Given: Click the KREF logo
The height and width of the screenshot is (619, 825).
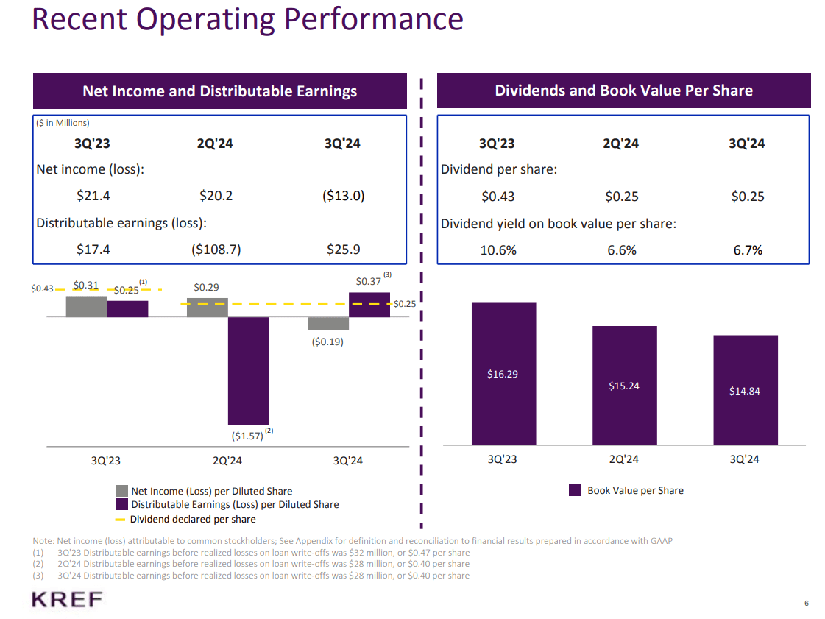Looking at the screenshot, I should [x=67, y=599].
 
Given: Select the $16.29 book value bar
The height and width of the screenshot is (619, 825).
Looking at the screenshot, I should [x=503, y=373].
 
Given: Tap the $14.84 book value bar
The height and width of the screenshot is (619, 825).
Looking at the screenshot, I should [x=745, y=390].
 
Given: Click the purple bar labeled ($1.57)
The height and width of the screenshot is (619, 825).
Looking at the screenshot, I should [x=248, y=371].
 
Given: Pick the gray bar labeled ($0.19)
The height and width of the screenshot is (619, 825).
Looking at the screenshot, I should [x=327, y=324].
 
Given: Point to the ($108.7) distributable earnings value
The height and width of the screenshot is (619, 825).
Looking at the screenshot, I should [x=216, y=250].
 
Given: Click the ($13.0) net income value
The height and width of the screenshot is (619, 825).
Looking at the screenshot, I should [x=343, y=196].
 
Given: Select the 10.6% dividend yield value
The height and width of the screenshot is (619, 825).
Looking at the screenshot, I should [x=498, y=250].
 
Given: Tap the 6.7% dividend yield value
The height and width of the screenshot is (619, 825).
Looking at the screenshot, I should [x=748, y=250].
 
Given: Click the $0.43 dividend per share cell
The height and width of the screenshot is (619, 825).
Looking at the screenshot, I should [x=498, y=197].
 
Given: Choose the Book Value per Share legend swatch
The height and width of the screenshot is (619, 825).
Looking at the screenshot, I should [x=575, y=490].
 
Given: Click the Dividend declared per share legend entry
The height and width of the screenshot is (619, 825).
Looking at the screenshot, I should [x=193, y=519].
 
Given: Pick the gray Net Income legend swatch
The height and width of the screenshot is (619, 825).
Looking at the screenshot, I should [x=122, y=491].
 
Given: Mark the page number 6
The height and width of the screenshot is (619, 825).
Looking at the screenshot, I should [x=807, y=604].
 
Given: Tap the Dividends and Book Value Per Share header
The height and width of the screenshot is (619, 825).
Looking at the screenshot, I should [x=623, y=91].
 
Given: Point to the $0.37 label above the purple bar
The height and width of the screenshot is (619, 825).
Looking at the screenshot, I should [x=368, y=281].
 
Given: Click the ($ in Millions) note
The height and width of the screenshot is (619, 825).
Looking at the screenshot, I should [x=63, y=123].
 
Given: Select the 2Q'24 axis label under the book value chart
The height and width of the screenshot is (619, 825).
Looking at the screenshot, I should [x=623, y=459].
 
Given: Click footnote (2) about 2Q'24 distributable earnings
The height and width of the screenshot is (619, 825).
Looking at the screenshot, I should [x=250, y=564].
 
